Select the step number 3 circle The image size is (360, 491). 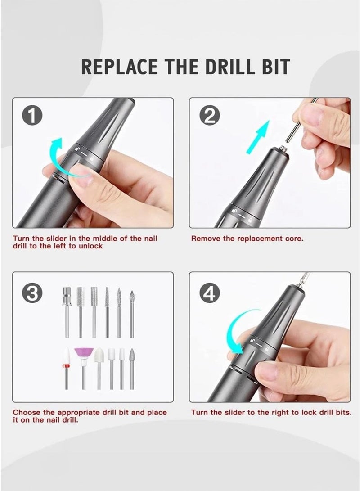pos(32,293)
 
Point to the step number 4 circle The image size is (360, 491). pos(209,293)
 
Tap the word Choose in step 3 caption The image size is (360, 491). pos(27,412)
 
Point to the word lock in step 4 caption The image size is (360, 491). pos(309,412)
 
